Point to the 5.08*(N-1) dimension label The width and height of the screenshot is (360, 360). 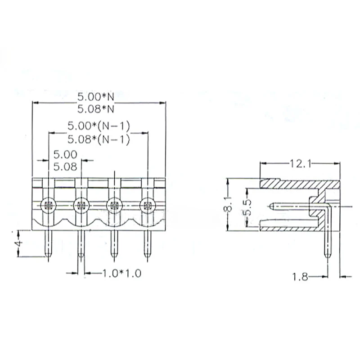[x=99, y=139]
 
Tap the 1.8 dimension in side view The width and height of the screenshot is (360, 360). [x=301, y=277]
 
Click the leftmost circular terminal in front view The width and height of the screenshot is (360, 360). [x=48, y=206]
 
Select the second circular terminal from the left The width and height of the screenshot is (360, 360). [x=81, y=206]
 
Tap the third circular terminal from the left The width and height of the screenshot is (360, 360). [x=114, y=206]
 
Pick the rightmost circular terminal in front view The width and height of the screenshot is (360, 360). [x=147, y=206]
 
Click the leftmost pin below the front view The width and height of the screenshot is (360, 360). [x=48, y=245]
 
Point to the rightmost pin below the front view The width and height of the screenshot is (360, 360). [x=147, y=245]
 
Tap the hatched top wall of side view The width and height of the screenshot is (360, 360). [x=299, y=184]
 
